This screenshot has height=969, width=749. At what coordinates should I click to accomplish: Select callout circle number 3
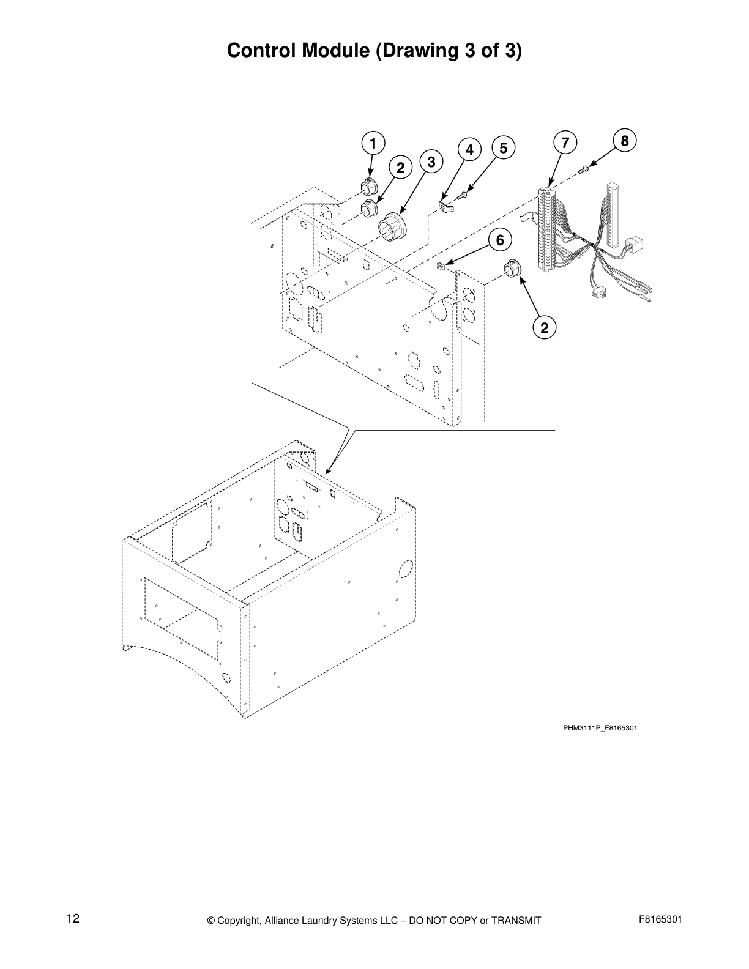(431, 162)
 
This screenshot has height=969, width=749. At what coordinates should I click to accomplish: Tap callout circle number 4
(469, 149)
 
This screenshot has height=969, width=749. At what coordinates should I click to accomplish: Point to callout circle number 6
(500, 240)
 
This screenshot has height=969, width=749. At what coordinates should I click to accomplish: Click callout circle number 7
(565, 143)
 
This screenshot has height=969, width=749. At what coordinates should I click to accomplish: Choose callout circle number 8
(624, 141)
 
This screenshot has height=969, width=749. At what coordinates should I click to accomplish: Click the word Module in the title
(335, 51)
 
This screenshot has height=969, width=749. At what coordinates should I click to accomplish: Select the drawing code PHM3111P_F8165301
(600, 728)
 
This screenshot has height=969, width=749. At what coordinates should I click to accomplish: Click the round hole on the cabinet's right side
(404, 568)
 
